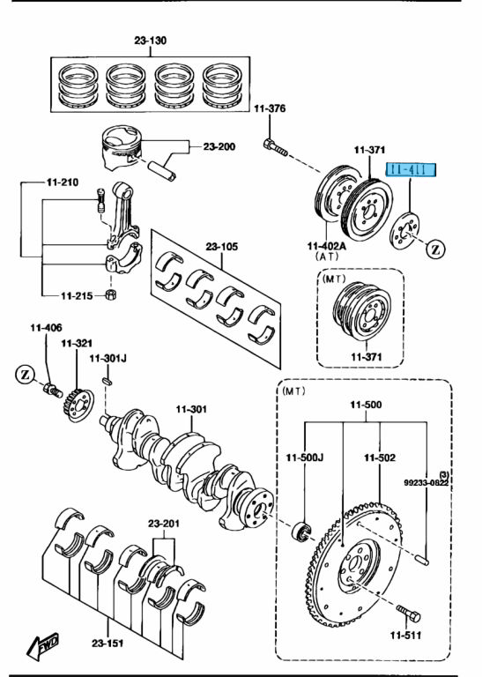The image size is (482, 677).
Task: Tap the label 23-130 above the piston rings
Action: click(x=151, y=41)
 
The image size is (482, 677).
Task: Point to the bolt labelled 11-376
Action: click(x=276, y=148)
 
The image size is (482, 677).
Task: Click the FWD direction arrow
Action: click(x=41, y=650)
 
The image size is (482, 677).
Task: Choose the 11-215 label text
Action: click(x=78, y=294)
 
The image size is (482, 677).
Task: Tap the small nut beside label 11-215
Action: click(x=111, y=293)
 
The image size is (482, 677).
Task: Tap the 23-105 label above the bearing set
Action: click(x=222, y=247)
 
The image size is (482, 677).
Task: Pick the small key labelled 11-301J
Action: click(x=108, y=381)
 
